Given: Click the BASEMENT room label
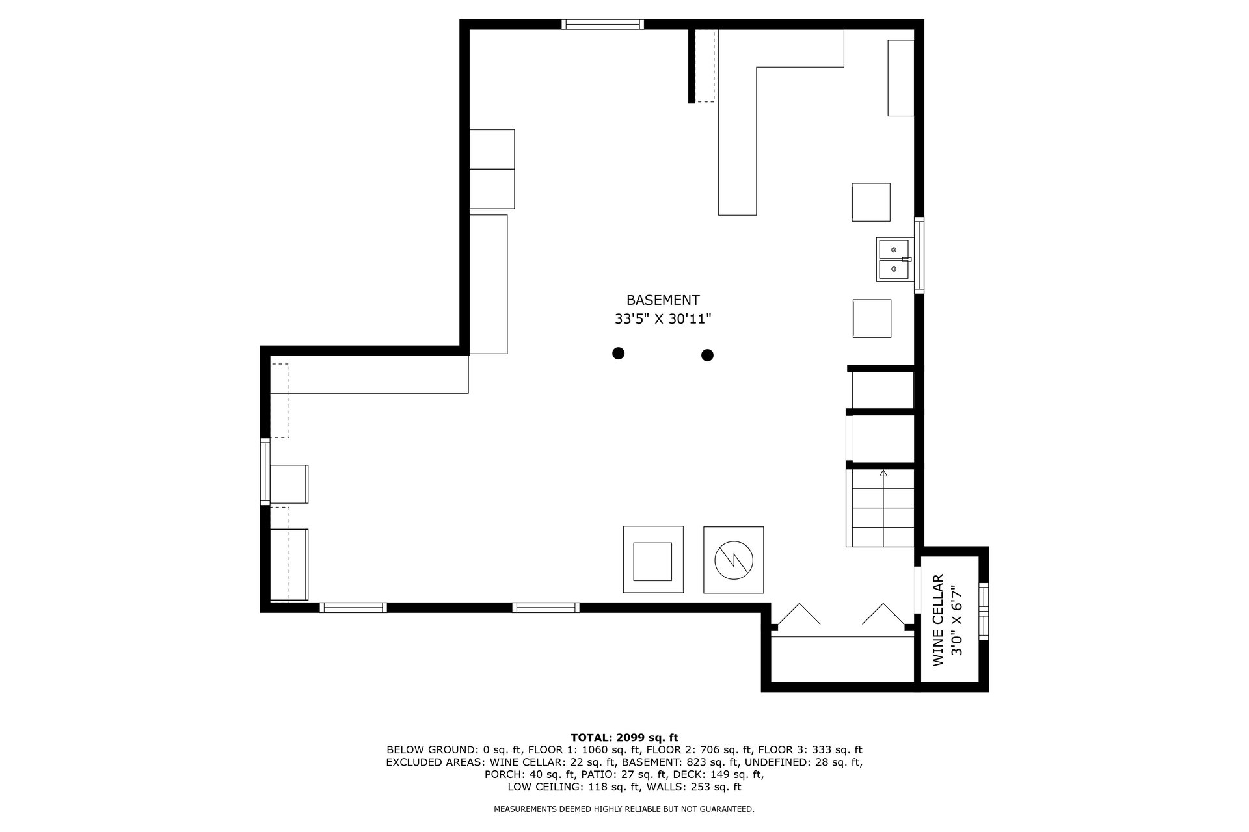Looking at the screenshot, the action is point(663,300).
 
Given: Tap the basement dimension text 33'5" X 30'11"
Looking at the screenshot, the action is point(663,319).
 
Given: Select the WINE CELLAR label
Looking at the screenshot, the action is point(938,620).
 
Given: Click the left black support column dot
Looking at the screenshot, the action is point(619,353).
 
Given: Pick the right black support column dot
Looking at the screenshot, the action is point(707,355).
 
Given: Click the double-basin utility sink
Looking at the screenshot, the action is point(894,259).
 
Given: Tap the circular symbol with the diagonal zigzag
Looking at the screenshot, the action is point(733,559).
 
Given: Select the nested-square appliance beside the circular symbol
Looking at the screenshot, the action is point(653,560).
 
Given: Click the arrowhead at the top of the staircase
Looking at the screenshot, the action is point(883,473).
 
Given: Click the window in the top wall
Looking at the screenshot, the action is point(603,25).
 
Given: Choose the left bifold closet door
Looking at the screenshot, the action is point(799,614).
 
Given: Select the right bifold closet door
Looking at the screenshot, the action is point(883,614).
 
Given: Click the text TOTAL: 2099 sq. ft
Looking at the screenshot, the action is point(624,737).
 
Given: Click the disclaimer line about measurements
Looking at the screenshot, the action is point(624,809).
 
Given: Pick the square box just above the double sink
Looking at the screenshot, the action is point(871,202).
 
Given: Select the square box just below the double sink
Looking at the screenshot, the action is point(872,318).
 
